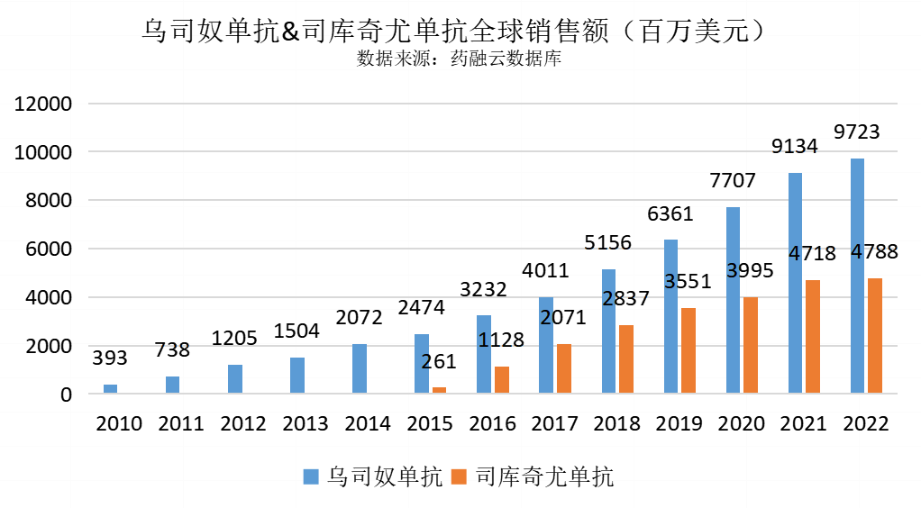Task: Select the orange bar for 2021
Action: pos(813,337)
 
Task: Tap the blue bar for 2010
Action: pos(110,389)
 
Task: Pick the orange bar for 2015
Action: pos(440,390)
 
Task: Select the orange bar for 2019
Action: pos(688,350)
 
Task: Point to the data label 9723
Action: pos(857,132)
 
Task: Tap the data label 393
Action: pos(110,358)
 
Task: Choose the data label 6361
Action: pos(670,214)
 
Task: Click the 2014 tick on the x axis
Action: pos(368,423)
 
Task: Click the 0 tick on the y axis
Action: pos(66,395)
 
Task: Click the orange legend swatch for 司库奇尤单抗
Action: pos(460,476)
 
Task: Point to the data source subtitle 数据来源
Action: pos(460,59)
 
